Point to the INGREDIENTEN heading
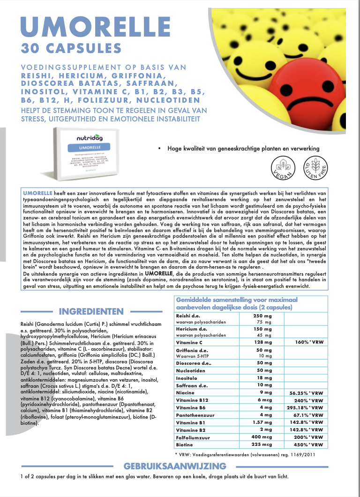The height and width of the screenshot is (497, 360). point(91,311)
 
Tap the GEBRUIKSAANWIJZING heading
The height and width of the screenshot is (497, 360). point(174,466)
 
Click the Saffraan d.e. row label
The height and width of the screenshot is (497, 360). point(192,385)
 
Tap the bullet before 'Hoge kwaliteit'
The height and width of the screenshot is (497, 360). point(160,149)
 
